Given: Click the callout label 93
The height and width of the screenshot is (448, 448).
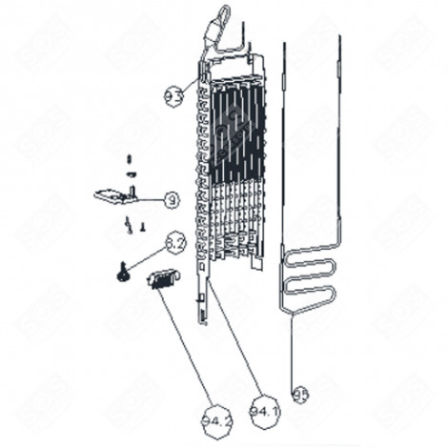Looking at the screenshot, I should (173, 94).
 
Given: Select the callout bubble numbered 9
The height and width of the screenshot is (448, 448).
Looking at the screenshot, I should (170, 199).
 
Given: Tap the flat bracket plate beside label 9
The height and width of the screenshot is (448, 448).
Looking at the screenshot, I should (112, 195).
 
